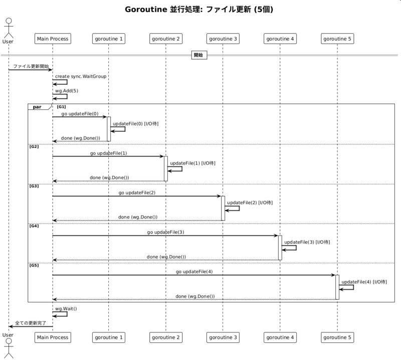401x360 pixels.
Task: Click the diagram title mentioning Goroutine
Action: coord(199,10)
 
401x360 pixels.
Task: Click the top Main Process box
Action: coord(53,39)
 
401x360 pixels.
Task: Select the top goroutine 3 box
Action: coord(223,39)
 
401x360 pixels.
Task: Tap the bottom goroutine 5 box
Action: coord(337,337)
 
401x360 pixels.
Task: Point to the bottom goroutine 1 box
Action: coord(109,337)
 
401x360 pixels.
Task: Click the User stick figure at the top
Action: coord(9,28)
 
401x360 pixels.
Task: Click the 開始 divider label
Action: coord(199,55)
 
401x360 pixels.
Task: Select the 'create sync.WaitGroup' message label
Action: coord(81,76)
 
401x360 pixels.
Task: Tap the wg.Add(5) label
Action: coord(67,91)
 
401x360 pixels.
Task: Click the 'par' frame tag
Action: coord(37,107)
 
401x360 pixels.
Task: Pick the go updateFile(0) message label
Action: coord(80,114)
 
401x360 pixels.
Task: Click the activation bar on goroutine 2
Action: coord(166,168)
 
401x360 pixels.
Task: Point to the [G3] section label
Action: coord(34,186)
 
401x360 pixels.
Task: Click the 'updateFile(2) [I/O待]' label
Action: coord(250,203)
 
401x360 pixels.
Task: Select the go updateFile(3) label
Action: coord(165,232)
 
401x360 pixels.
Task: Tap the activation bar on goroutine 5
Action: coord(337,287)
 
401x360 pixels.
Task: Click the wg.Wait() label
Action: coord(66,308)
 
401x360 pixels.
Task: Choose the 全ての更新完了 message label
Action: coord(31,323)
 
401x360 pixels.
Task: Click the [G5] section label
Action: coord(34,265)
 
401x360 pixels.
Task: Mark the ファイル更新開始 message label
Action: coord(31,66)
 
